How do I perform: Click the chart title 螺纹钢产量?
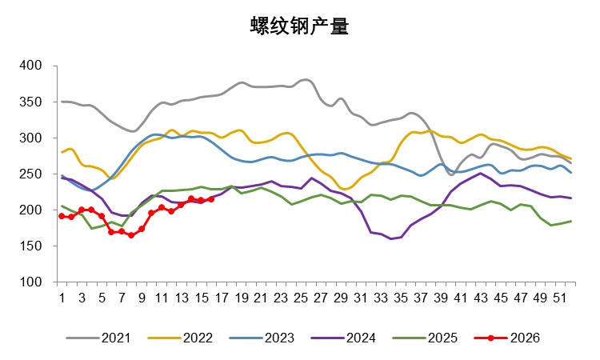(x=299, y=26)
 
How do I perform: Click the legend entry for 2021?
(x=117, y=338)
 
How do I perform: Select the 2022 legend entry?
(x=197, y=338)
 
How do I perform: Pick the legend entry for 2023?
(x=278, y=338)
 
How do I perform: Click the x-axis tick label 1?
(x=62, y=297)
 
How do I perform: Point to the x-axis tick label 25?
(x=301, y=297)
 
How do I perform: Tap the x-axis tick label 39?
(x=441, y=297)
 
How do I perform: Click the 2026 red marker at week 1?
(x=62, y=216)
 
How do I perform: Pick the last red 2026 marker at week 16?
(x=211, y=199)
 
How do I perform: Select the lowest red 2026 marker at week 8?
(x=131, y=235)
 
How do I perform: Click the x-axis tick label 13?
(x=182, y=297)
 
